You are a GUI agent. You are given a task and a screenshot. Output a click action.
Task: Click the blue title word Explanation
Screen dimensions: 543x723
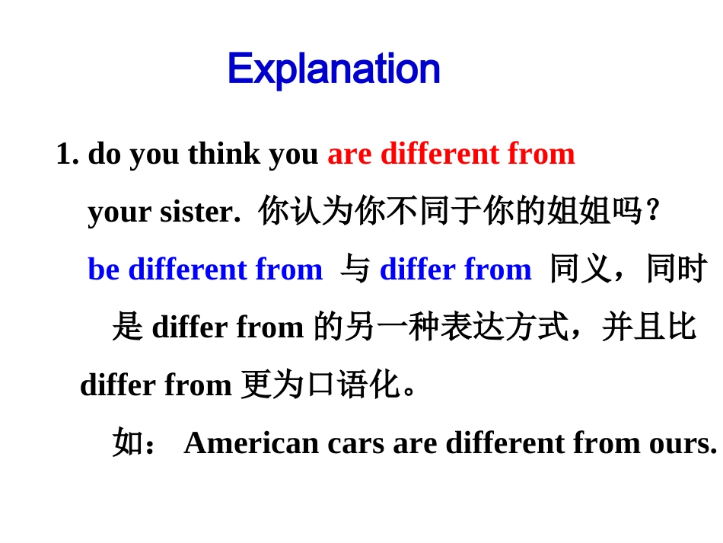click(333, 69)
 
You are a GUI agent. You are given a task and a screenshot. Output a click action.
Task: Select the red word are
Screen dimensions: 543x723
click(349, 154)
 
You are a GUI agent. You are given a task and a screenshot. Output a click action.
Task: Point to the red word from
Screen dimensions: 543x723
click(541, 154)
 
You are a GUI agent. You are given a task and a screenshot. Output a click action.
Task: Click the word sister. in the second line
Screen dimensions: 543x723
click(199, 212)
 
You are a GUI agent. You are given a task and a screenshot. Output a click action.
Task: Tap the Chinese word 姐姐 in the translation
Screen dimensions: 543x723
click(579, 212)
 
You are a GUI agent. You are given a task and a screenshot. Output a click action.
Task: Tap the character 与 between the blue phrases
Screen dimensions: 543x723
click(355, 270)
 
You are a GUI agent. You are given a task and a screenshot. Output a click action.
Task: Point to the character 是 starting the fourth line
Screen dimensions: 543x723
click(127, 327)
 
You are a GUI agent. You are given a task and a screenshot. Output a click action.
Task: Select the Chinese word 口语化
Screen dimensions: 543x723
click(352, 385)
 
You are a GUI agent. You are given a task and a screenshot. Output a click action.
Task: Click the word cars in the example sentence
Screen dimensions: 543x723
click(355, 442)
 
